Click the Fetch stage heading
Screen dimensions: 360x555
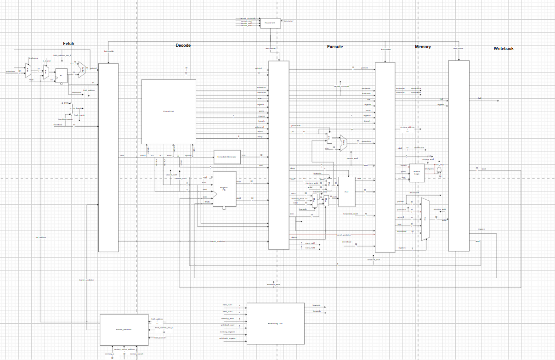68,44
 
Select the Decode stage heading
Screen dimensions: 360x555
183,45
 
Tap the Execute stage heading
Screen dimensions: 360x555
334,47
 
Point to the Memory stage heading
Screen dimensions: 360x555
423,47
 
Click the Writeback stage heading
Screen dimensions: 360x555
504,48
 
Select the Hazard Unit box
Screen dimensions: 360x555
270,22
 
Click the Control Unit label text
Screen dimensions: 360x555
169,111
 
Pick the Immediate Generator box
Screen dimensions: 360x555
227,157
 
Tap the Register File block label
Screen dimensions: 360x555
224,189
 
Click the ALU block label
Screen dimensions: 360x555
346,191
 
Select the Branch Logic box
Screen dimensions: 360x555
417,172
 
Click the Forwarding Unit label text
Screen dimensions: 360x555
276,323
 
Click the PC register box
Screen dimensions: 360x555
61,76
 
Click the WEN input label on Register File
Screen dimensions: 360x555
207,202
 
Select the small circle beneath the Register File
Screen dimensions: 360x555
224,208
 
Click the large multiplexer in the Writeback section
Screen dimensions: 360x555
425,219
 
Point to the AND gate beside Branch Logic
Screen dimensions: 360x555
439,170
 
